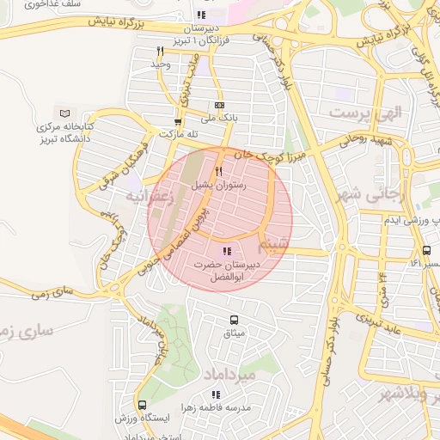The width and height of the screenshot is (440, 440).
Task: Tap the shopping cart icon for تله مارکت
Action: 178,122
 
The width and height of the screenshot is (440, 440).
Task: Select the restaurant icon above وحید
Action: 159,52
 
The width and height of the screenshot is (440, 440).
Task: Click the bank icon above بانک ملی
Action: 218,106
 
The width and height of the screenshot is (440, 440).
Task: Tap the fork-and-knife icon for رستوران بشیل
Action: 218,172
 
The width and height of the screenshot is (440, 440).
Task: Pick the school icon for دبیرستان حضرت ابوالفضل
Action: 227,251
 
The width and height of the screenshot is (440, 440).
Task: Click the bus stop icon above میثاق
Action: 234,320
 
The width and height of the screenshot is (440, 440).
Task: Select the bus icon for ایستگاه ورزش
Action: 142,405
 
